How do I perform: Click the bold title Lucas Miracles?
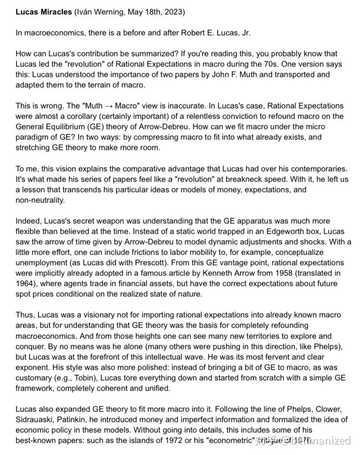(x=43, y=12)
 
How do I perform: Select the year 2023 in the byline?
(x=174, y=12)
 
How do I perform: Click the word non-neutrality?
(x=40, y=200)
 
